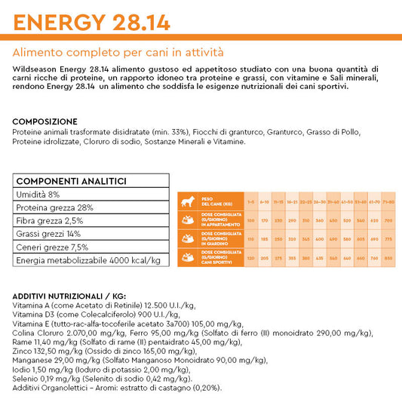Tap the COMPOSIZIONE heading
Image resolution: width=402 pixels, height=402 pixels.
44,121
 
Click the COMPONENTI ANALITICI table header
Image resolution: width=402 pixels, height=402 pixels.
71,181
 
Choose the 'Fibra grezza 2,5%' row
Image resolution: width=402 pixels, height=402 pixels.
50,220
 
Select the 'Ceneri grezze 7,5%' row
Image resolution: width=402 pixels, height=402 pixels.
51,247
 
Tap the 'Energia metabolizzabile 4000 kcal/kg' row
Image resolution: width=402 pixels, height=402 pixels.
88,260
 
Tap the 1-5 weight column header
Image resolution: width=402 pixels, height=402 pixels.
250,201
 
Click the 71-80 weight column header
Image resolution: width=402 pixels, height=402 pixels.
388,201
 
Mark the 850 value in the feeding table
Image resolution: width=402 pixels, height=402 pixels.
388,258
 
